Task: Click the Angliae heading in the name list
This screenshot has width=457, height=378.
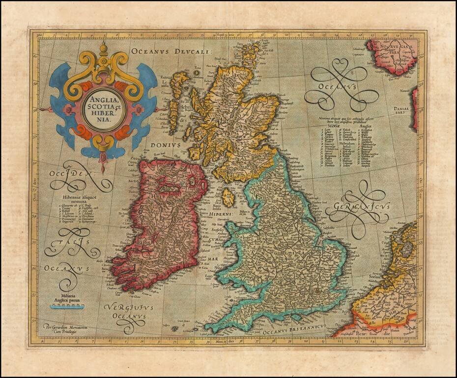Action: tap(366, 126)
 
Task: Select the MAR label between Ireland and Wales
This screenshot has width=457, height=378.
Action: tap(212, 258)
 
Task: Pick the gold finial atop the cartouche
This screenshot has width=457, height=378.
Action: tap(103, 49)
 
